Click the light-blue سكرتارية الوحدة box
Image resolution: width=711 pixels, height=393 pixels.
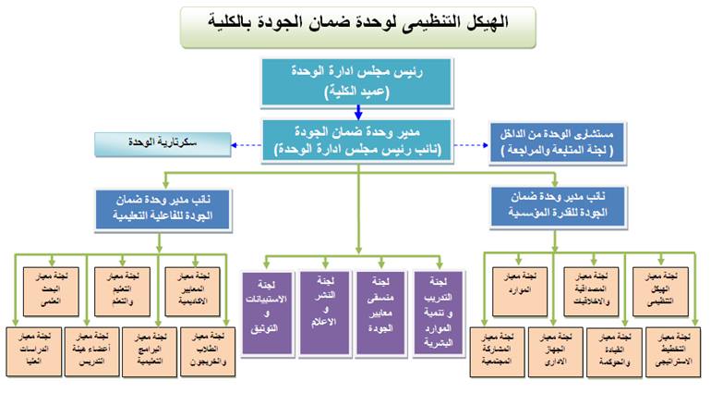click(161, 144)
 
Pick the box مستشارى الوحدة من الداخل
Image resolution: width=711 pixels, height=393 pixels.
click(560, 145)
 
